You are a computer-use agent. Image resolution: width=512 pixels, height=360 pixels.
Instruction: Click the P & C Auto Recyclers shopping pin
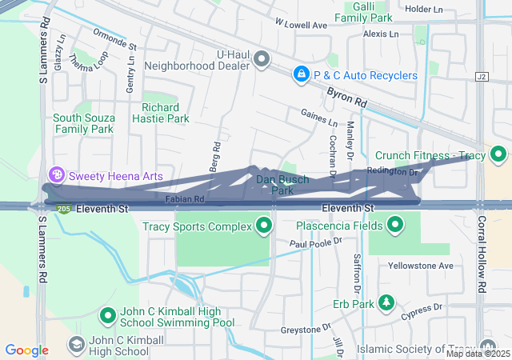(x=301, y=75)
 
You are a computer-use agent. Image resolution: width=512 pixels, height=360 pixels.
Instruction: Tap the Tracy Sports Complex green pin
(x=265, y=226)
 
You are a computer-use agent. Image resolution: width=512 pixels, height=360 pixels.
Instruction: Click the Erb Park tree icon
(x=386, y=302)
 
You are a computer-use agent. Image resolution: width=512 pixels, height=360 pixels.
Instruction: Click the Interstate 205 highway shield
(x=63, y=209)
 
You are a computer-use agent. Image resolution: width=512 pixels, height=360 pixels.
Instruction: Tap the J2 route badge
(x=481, y=77)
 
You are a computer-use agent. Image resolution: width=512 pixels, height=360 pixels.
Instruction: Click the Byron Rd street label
(x=346, y=98)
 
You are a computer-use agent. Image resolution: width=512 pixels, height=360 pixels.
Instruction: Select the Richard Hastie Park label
(x=165, y=113)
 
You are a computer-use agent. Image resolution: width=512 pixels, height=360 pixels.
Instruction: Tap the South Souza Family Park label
(x=83, y=122)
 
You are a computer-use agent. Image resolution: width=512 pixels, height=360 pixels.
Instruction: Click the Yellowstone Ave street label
(x=420, y=266)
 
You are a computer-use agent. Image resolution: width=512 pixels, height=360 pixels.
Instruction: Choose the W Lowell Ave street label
(x=301, y=25)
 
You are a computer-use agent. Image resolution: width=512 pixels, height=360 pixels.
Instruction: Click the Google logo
(x=27, y=350)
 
